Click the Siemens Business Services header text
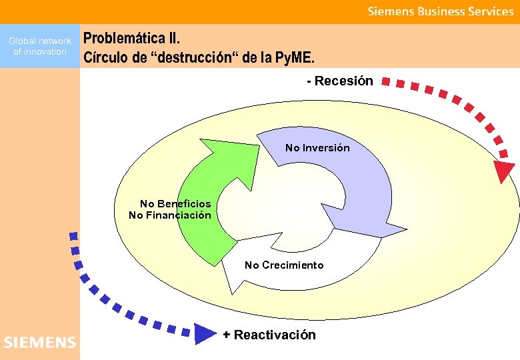point(441,11)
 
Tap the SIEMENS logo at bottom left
point(40,343)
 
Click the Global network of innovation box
point(40,46)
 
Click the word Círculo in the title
point(105,57)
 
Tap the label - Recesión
point(339,81)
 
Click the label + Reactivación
point(269,335)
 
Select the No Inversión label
point(317,147)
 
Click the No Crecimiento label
point(284,265)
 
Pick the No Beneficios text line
point(175,204)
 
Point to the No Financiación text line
point(170,215)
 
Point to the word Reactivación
point(275,335)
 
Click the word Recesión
point(344,81)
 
